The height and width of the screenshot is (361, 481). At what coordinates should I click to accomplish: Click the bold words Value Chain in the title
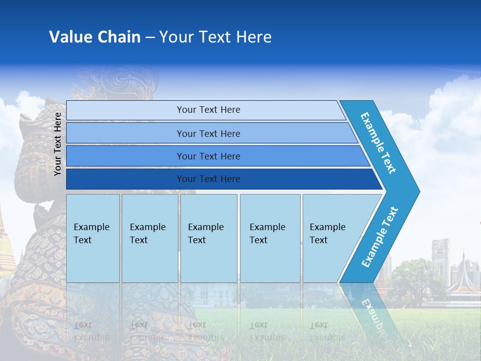95,37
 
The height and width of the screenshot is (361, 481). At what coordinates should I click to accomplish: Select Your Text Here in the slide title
215,37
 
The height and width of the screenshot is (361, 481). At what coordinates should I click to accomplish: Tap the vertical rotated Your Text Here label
58,144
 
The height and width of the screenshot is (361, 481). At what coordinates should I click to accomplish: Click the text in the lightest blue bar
208,110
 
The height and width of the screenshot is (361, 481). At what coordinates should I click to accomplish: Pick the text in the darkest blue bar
208,179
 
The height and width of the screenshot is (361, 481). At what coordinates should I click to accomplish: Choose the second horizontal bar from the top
208,133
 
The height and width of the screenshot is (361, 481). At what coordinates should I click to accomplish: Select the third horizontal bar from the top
208,156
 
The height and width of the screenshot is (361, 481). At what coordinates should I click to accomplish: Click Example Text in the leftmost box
91,234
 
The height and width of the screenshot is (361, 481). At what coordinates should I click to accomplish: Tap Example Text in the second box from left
147,234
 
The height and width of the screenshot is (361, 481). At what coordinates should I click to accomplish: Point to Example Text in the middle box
205,234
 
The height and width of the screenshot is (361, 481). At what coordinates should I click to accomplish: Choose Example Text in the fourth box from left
267,234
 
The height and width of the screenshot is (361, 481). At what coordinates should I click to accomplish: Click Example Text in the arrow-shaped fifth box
327,234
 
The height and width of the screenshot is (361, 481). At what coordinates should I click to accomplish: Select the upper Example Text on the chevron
378,143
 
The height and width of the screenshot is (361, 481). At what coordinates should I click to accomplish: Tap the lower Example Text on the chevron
380,237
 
